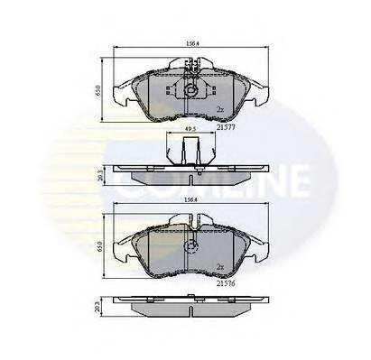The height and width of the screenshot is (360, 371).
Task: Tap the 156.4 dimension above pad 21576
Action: [191, 202]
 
